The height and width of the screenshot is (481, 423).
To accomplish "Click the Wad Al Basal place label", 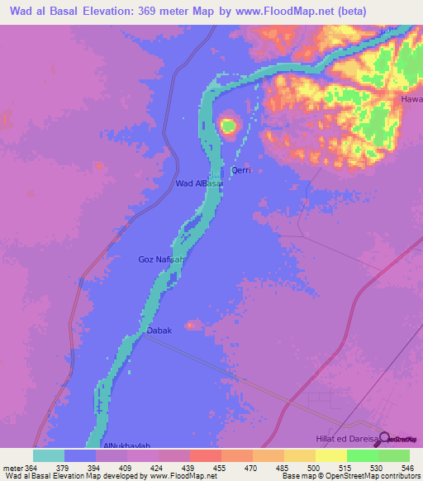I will [x=198, y=183].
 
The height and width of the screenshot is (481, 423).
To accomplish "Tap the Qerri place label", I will [x=240, y=170].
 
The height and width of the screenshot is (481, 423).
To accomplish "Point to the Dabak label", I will [x=159, y=331].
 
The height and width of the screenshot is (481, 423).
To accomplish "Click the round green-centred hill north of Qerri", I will [x=228, y=126].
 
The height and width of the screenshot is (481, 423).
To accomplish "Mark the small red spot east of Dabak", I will [x=190, y=325].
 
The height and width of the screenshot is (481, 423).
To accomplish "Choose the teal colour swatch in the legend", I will [x=49, y=455].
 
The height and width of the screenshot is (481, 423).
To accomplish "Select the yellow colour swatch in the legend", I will [x=330, y=455].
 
